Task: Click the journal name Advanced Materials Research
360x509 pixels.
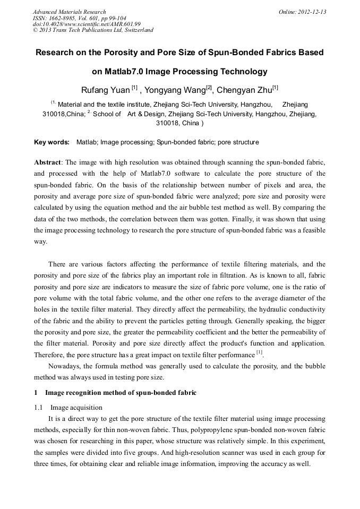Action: click(x=69, y=12)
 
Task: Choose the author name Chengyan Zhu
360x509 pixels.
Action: click(x=244, y=89)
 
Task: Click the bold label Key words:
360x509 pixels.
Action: click(x=52, y=142)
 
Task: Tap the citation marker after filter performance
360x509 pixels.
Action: click(x=259, y=353)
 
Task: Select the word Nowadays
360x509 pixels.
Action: click(x=65, y=366)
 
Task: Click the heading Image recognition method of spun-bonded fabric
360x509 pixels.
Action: click(x=121, y=393)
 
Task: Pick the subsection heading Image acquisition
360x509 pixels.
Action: click(x=76, y=407)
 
